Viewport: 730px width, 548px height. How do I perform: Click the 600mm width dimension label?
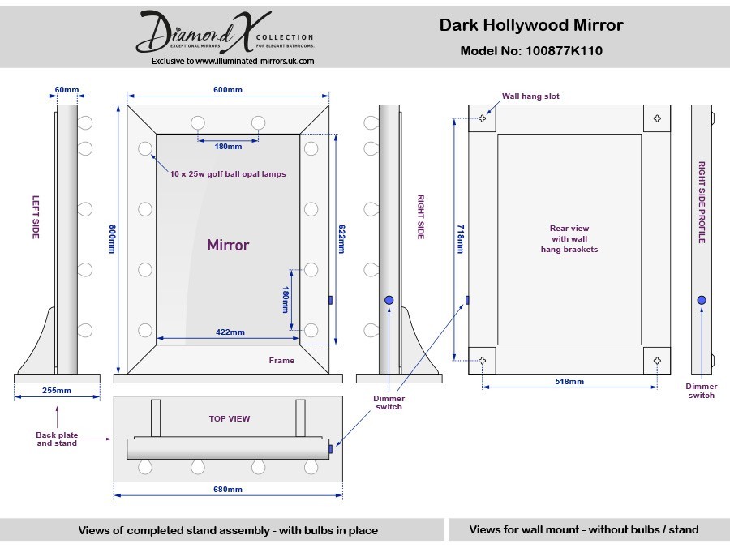click(228, 90)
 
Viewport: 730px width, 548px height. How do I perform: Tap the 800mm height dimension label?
click(112, 239)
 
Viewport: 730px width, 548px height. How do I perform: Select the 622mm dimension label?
click(341, 239)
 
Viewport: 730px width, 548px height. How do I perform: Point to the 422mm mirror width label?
click(230, 332)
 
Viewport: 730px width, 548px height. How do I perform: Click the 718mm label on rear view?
click(460, 239)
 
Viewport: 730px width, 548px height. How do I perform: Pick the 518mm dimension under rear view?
click(569, 382)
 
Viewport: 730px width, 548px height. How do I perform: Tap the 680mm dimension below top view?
click(228, 490)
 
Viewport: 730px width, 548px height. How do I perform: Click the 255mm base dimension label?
click(57, 391)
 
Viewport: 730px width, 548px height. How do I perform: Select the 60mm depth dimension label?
click(67, 90)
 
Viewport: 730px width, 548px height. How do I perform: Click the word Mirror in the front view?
click(228, 245)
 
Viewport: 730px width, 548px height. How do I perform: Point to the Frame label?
click(281, 361)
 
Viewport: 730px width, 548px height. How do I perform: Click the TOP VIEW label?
click(230, 418)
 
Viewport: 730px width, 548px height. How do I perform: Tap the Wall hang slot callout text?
click(530, 96)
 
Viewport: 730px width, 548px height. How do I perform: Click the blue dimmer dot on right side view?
click(389, 300)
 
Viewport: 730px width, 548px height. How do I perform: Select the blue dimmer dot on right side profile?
click(702, 300)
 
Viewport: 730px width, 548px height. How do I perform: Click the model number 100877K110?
click(564, 51)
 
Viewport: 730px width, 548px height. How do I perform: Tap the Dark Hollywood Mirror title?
click(531, 25)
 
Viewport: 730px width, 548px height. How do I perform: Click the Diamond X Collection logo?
click(225, 32)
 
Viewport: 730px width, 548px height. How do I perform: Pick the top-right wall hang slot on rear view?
click(657, 118)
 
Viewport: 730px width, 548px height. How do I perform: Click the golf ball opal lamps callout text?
click(228, 174)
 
